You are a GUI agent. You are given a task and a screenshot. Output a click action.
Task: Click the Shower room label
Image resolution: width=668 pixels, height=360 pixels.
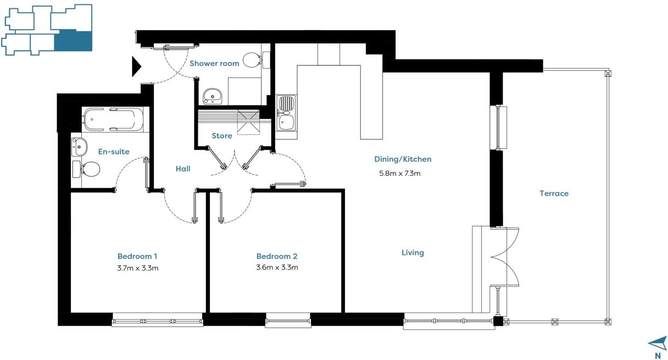214,64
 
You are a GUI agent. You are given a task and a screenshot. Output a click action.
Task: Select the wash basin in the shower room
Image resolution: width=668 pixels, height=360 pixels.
213,96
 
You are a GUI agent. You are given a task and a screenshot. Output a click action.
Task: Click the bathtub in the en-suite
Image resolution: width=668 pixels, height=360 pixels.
113,119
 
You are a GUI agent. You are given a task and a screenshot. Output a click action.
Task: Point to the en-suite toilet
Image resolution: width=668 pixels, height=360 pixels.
86,170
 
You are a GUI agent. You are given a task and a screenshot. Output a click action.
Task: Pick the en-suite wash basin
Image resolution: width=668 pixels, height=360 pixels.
79,146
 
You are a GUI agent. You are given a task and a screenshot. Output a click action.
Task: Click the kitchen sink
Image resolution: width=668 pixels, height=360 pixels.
286,113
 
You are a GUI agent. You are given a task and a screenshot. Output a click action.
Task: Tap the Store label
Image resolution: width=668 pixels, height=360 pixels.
222,136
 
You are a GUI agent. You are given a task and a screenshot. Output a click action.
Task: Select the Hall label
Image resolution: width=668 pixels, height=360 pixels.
183,169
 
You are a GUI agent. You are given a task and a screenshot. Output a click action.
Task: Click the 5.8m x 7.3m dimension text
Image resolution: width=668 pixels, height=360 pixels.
400,173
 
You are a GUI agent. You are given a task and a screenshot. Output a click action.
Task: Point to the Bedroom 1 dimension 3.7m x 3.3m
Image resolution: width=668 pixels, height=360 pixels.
138,268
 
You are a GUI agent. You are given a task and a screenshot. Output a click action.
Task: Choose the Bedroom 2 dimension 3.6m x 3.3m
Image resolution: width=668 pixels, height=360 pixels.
277,267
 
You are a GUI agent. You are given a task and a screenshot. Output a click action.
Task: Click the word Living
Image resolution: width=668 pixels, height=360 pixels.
413,253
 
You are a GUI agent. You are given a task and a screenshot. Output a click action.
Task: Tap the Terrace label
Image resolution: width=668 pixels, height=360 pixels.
554,193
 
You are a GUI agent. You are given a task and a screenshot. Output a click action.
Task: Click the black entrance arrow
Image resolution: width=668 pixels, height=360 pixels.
136,67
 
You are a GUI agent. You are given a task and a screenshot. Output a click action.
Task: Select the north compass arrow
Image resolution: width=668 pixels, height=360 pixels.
658,344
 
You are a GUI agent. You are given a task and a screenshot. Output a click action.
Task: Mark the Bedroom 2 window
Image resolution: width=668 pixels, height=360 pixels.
288,320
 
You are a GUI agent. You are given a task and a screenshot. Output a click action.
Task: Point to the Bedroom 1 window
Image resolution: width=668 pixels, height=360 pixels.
158,320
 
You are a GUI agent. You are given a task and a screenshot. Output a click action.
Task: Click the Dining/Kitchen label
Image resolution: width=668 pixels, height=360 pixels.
403,159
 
